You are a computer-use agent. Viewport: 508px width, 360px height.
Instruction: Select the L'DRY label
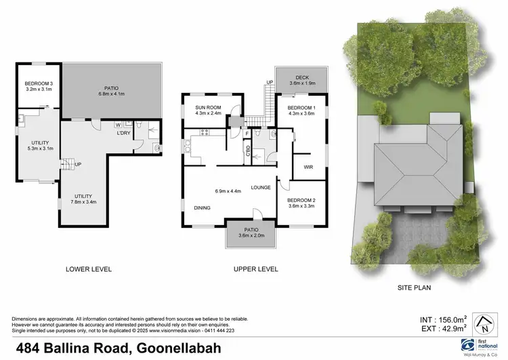pos(124,133)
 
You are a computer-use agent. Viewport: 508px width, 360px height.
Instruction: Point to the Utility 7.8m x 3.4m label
pos(84,199)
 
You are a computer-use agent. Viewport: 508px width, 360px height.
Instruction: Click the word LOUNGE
pos(261,188)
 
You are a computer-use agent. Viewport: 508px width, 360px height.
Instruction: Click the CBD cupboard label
pos(249,151)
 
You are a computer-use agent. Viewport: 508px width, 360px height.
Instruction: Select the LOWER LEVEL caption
pos(89,269)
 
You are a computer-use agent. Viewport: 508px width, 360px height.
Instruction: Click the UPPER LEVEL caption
pos(255,269)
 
